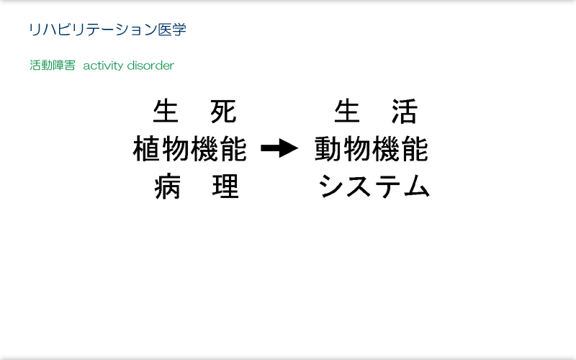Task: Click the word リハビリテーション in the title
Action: coord(93,30)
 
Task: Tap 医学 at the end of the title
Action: coord(172,30)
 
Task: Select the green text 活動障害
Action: coord(53,66)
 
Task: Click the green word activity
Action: coord(103,66)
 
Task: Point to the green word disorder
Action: coord(150,66)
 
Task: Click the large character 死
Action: coord(223,112)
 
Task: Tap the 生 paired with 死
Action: coord(166,112)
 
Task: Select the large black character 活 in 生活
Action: coord(405,112)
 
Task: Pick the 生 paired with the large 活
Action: coord(347,112)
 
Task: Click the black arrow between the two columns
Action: coord(279,148)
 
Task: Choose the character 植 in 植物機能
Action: coord(147,149)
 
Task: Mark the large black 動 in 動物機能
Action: coord(328,149)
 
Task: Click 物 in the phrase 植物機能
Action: coord(176,149)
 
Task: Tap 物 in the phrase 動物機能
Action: coord(357,149)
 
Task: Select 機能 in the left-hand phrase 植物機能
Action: coord(219,149)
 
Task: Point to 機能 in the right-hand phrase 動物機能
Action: coord(400,149)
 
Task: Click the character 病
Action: coord(168,186)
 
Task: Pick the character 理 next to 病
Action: coord(225,186)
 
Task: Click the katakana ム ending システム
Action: coord(416,186)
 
